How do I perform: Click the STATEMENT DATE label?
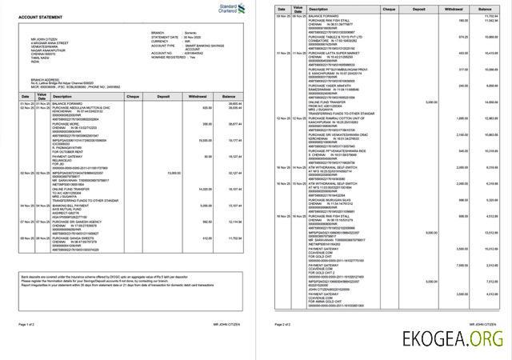click(165, 37)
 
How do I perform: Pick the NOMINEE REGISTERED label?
click(167, 58)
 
